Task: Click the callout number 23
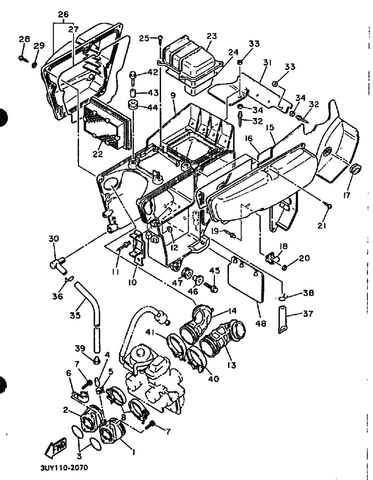(211, 36)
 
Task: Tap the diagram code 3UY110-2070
(64, 467)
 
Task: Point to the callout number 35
(75, 316)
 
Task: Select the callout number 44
(153, 108)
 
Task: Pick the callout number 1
(133, 452)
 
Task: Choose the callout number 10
(132, 283)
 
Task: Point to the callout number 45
(214, 271)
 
